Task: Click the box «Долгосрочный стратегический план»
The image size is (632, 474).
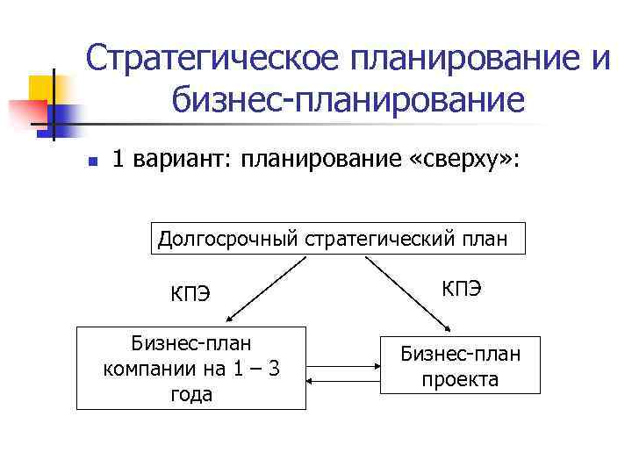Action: tap(339, 238)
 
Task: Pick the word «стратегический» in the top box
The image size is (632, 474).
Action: tap(377, 238)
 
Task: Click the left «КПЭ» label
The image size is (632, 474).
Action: tap(190, 293)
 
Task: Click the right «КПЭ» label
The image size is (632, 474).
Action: tap(461, 288)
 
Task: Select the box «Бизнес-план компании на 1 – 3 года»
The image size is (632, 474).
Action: tap(191, 368)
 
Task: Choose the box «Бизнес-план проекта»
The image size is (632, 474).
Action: tap(460, 365)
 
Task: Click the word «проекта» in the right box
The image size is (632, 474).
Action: tap(460, 379)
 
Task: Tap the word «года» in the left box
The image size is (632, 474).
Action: tap(191, 394)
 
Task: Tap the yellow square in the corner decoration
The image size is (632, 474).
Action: tap(44, 89)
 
